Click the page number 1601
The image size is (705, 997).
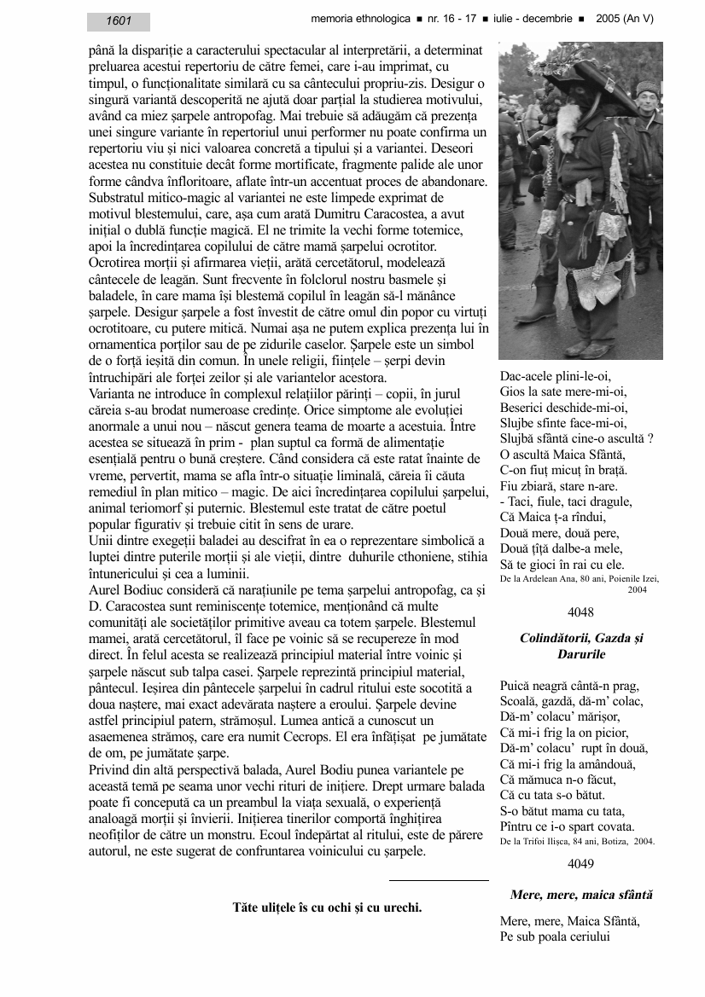[119, 21]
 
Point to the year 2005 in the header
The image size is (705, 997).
[610, 18]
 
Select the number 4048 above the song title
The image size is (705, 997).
[580, 612]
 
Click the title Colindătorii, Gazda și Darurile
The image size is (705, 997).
[580, 646]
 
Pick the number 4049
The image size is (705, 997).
[580, 864]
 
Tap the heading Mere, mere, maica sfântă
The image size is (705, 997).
[580, 895]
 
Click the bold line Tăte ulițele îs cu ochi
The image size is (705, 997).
[327, 907]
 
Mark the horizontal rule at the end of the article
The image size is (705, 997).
[439, 879]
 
